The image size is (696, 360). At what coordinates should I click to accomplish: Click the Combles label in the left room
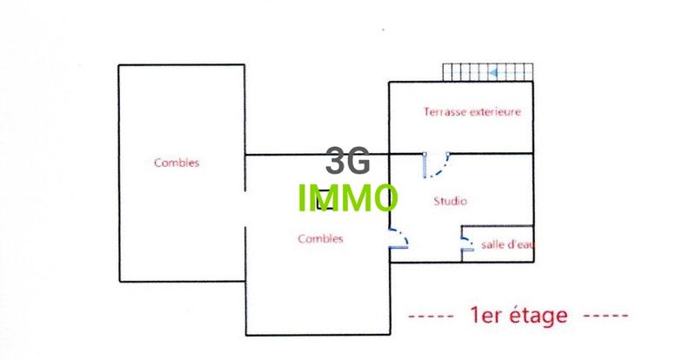pos(177,162)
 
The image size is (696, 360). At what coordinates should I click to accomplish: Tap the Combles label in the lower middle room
pos(320,238)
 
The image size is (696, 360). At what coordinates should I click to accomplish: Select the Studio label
pos(451,201)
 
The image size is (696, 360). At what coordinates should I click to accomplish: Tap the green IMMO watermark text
pos(347,199)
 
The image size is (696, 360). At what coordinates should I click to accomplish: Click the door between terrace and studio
pos(438,164)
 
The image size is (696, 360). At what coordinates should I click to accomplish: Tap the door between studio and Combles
pos(398,239)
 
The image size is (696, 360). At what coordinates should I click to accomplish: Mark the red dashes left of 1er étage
pos(431,315)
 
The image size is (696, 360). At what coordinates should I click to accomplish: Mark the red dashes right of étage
pos(606,315)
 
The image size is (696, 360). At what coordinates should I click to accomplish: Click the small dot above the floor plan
pos(384,30)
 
